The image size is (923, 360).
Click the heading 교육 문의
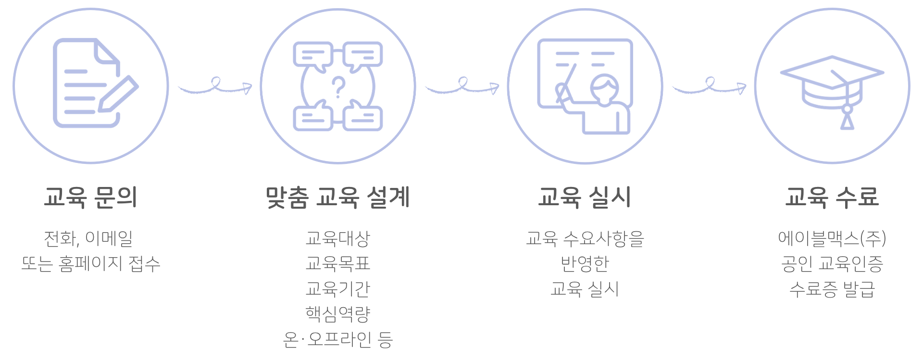(x=91, y=197)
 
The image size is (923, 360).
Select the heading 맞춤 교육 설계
(x=337, y=197)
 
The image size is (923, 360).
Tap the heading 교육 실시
(x=585, y=197)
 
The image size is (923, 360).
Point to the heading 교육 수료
(x=832, y=197)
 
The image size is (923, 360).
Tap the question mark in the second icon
(x=338, y=87)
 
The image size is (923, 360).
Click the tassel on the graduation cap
(x=847, y=118)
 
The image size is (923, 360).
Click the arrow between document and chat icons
(x=215, y=86)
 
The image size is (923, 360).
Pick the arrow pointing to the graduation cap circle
(x=709, y=86)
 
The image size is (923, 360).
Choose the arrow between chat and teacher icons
(x=462, y=86)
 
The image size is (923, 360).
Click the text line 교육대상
(x=337, y=238)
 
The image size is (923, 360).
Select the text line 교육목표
(x=337, y=263)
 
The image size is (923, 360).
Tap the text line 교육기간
(x=337, y=288)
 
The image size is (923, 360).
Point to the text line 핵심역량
(x=337, y=314)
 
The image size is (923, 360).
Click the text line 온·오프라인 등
(x=337, y=339)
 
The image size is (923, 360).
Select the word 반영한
(x=585, y=263)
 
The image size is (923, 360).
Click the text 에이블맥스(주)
(x=832, y=238)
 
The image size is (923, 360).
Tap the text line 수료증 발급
(x=832, y=289)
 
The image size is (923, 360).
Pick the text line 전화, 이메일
(x=88, y=238)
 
